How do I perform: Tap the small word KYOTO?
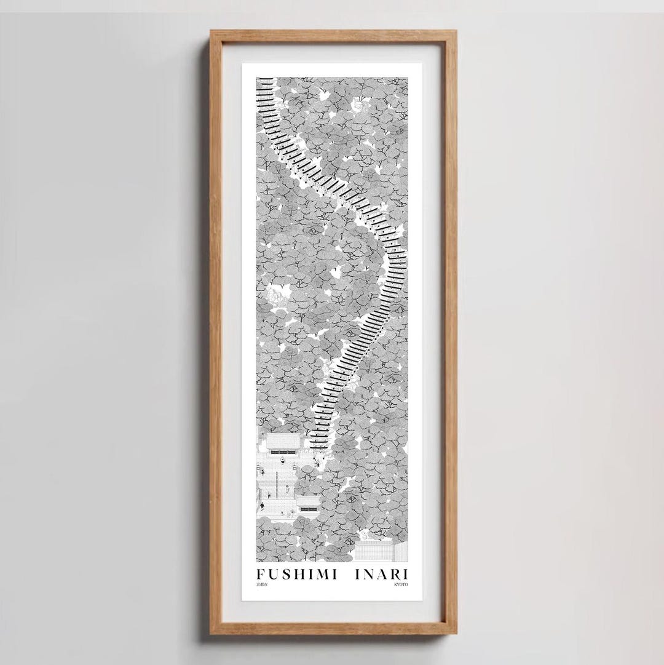coord(400,585)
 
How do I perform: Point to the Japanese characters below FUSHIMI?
coord(262,585)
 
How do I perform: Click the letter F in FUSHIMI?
coord(261,575)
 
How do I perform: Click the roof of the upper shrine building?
coord(283,441)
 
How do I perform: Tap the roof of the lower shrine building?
coord(308,500)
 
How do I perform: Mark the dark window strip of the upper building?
coord(283,452)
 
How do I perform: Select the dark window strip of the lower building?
coord(308,509)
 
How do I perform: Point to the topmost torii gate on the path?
coord(264,80)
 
